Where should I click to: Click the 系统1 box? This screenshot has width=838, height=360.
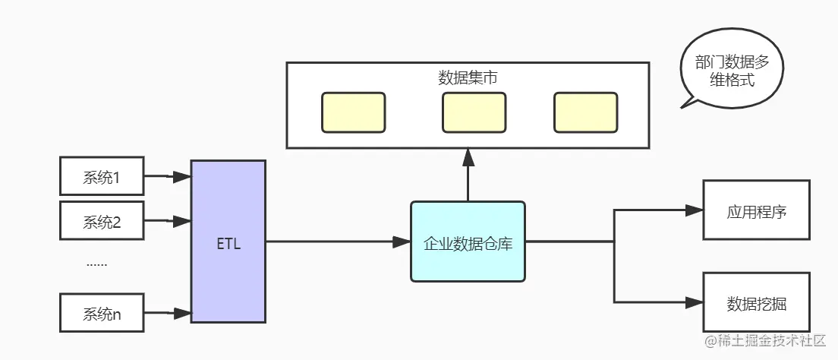pos(102,177)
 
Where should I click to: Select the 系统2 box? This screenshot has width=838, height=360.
pos(102,221)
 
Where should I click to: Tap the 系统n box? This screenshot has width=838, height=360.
pos(102,312)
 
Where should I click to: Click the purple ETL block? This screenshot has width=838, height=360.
pos(228,242)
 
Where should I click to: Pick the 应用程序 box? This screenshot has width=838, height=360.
pos(756,210)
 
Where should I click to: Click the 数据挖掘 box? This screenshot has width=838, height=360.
pos(756,303)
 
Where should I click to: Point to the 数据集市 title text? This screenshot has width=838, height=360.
pos(468,77)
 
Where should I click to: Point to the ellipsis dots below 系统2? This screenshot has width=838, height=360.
pos(96,264)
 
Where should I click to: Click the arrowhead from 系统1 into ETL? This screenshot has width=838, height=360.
pos(181,177)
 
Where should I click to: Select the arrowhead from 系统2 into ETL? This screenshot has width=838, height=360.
pos(181,221)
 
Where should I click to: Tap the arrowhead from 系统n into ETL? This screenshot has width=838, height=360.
pos(181,312)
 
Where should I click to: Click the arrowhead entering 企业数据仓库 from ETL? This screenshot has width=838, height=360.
pos(402,242)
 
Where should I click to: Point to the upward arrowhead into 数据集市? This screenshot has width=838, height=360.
pos(468,157)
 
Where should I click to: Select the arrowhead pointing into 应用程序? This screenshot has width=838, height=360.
pos(694,210)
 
